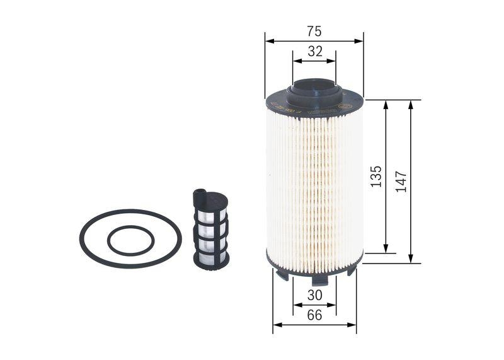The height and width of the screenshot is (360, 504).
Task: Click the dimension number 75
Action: coord(314,31)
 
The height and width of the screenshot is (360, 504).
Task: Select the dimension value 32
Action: coord(314,52)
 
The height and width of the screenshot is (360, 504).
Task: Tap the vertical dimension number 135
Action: coord(376,177)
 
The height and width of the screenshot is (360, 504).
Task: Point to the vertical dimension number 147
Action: coord(402,181)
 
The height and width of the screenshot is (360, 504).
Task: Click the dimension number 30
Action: coord(314,294)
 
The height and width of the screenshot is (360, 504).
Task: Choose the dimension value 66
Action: coord(314,315)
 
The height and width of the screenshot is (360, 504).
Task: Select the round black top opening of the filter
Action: coord(314,84)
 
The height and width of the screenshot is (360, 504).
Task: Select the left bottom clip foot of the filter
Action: coord(282,274)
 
